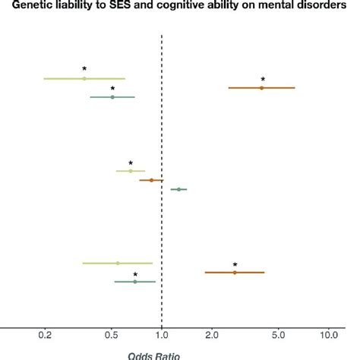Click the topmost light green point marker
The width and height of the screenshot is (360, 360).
click(x=84, y=78)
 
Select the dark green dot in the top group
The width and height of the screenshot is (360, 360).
click(x=112, y=97)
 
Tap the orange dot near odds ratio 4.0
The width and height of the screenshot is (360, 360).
click(x=262, y=88)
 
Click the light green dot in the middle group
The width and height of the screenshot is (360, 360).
click(x=131, y=171)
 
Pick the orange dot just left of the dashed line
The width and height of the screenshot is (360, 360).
click(x=151, y=180)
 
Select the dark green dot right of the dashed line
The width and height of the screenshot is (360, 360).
click(x=179, y=189)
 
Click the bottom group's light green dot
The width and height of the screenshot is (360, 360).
click(x=118, y=263)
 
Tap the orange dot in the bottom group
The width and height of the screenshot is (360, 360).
click(x=235, y=272)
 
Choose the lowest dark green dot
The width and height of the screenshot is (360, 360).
click(x=135, y=282)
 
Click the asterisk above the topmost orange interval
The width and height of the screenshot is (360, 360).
click(x=263, y=80)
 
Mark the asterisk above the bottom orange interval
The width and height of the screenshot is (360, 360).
click(x=235, y=265)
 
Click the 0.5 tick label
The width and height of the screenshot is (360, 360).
click(x=112, y=334)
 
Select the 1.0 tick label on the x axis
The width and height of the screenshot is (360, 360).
click(x=162, y=334)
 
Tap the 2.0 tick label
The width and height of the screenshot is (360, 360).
click(x=212, y=334)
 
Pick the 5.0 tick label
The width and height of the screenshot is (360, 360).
click(x=278, y=334)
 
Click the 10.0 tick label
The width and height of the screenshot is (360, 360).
click(x=328, y=334)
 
